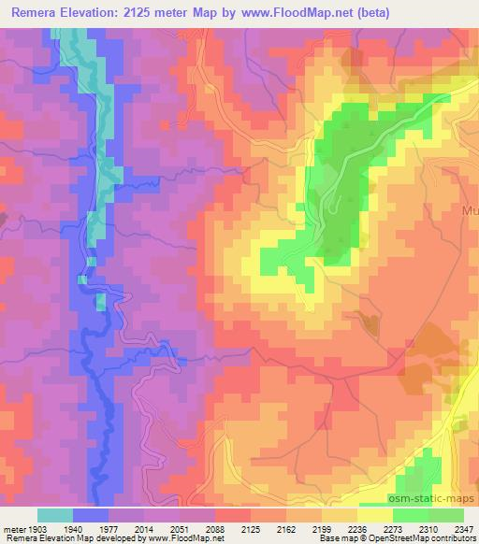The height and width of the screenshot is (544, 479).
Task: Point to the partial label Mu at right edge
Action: pyautogui.click(x=469, y=210)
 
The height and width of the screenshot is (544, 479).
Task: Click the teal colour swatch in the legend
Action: pyautogui.click(x=55, y=515)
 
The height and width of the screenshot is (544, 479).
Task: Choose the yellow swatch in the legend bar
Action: pyautogui.click(x=375, y=515)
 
